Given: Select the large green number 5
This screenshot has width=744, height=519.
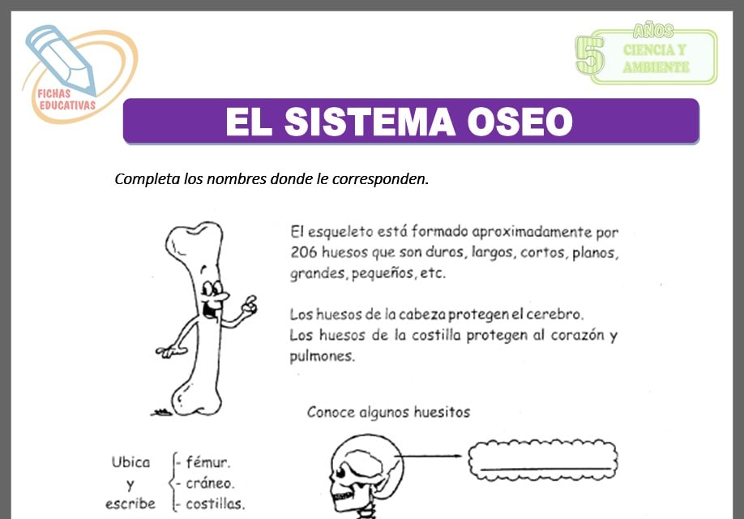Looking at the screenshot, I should [589, 57].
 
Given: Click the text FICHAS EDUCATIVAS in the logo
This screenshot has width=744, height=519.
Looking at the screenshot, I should [66, 100].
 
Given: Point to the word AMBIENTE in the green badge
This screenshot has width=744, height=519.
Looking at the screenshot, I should [656, 68].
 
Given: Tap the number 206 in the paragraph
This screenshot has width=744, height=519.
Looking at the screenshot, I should [304, 252].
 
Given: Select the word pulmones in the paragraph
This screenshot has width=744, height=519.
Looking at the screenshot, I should [323, 356].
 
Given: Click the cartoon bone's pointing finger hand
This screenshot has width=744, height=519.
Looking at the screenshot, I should [248, 304].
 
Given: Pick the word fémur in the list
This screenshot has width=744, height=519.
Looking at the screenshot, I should [207, 463].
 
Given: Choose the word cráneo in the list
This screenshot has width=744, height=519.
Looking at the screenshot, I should [211, 483].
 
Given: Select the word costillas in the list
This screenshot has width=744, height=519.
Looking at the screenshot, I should [215, 504].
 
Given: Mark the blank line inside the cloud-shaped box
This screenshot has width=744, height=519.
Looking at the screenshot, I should [545, 468].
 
